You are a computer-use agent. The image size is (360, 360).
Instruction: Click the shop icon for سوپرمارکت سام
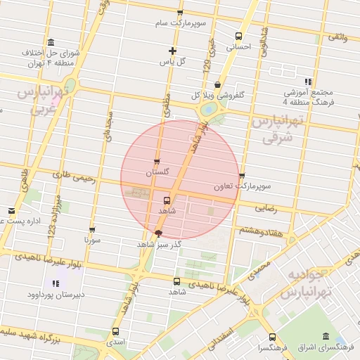coord(180,13)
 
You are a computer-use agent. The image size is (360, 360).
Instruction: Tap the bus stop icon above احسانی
coord(238,37)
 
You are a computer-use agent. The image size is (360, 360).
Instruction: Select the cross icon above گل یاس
coord(172,51)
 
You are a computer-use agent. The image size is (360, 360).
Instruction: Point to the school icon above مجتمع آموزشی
coord(308,82)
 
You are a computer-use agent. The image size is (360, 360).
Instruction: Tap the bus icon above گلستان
coord(156,162)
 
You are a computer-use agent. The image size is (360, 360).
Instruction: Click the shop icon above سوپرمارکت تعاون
coord(243,176)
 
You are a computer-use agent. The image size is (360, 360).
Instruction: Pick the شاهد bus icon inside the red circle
coord(167,199)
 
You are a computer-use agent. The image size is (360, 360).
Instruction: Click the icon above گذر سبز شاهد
coord(158,233)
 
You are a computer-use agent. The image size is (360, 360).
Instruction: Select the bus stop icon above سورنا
coord(92,229)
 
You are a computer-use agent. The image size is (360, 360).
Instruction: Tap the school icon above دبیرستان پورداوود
coord(55,283)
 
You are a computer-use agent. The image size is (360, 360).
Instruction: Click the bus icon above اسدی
coord(115,331)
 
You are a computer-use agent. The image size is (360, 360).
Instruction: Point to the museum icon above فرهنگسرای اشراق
coord(325,337)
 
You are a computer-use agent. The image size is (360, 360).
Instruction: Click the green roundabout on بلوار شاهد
coord(209,110)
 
